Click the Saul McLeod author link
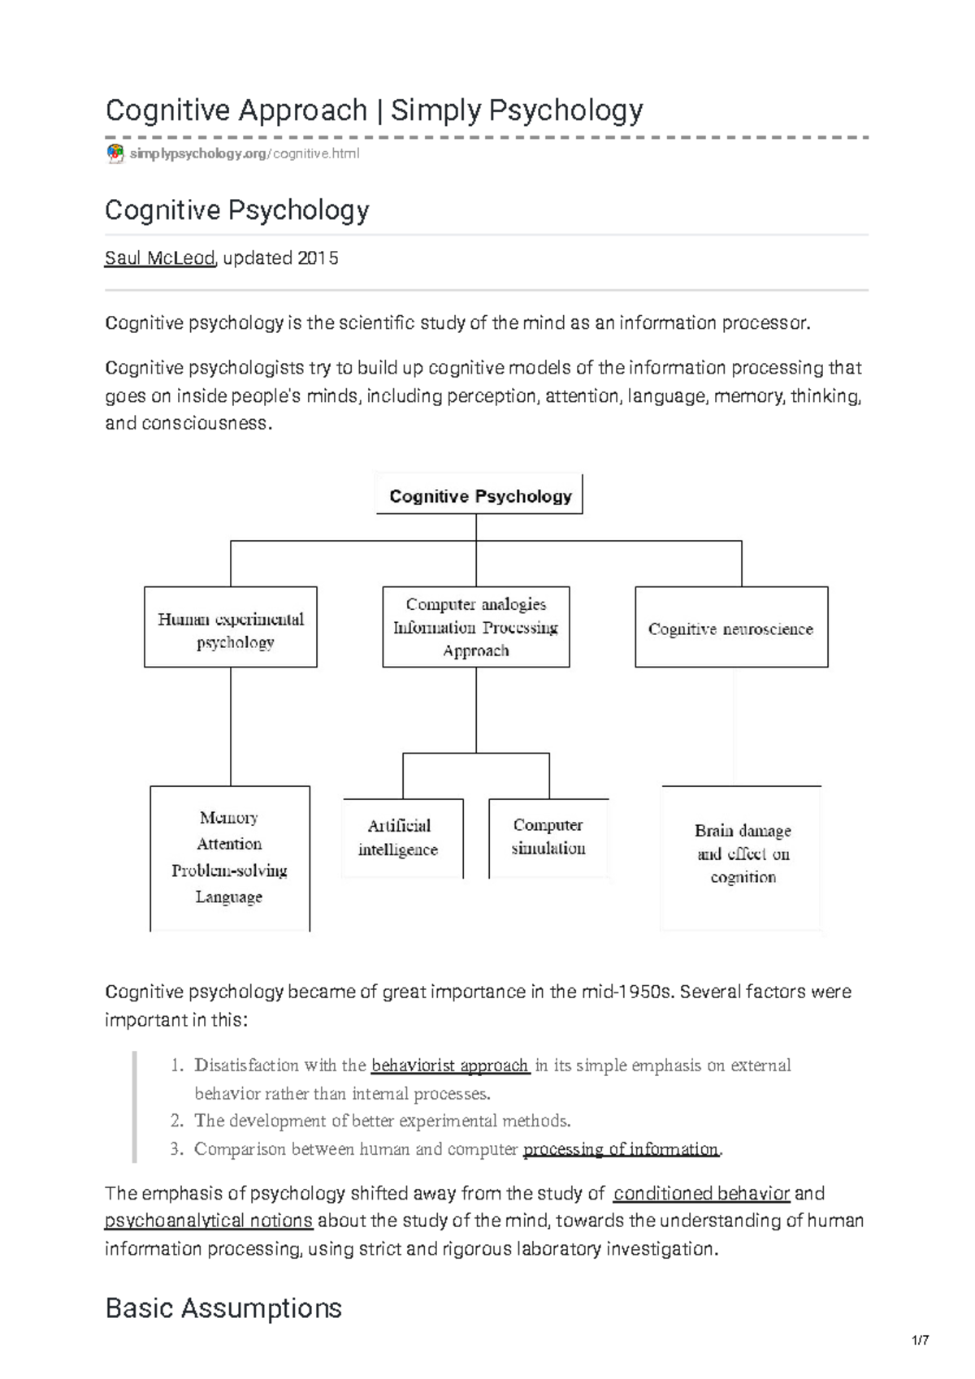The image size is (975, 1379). pyautogui.click(x=159, y=258)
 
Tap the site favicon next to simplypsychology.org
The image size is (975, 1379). pyautogui.click(x=115, y=153)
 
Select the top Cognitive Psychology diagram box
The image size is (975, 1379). pyautogui.click(x=479, y=495)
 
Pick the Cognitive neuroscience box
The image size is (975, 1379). pyautogui.click(x=730, y=629)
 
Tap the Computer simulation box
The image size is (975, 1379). pyautogui.click(x=548, y=836)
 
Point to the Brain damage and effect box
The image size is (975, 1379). pyautogui.click(x=742, y=854)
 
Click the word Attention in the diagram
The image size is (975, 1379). pyautogui.click(x=229, y=844)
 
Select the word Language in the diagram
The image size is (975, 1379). pyautogui.click(x=229, y=897)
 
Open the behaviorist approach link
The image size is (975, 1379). pyautogui.click(x=450, y=1066)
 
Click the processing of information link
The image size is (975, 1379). pyautogui.click(x=622, y=1149)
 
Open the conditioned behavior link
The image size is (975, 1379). pyautogui.click(x=701, y=1193)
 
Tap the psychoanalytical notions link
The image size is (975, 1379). pyautogui.click(x=209, y=1221)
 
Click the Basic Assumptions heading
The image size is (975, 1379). pyautogui.click(x=223, y=1308)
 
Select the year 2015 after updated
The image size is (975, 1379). pyautogui.click(x=318, y=258)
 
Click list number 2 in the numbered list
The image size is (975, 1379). pyautogui.click(x=176, y=1121)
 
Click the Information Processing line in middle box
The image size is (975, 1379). pyautogui.click(x=475, y=627)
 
